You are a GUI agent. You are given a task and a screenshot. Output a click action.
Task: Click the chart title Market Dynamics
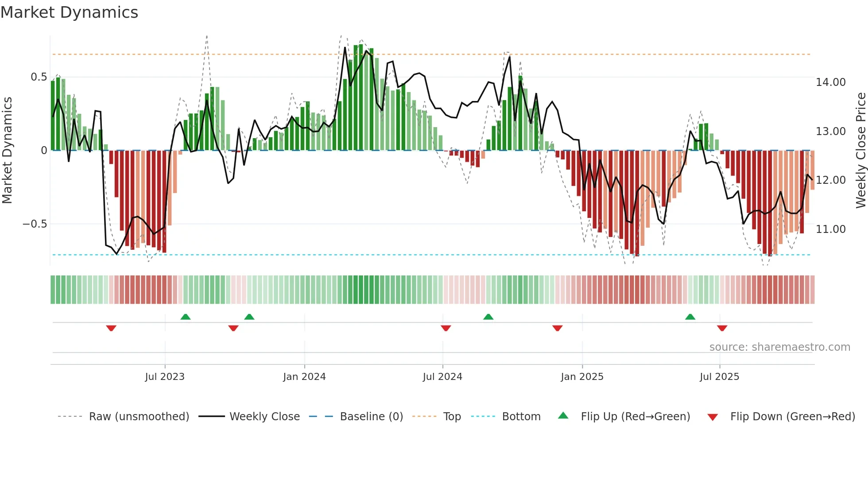(70, 12)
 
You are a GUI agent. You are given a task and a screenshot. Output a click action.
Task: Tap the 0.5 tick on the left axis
(39, 77)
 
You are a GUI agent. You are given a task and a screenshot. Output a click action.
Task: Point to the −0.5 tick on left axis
(35, 224)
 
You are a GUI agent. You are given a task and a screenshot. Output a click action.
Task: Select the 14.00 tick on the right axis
(830, 82)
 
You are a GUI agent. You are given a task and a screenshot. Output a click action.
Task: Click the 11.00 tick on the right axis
(830, 229)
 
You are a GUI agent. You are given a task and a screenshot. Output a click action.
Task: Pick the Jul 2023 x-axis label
(165, 377)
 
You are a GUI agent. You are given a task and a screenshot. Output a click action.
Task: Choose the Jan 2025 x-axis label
(582, 377)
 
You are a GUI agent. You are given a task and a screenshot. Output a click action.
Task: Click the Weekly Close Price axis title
(860, 151)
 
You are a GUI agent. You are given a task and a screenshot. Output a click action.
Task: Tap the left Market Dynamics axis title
(7, 151)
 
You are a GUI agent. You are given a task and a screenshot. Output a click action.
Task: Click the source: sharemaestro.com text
(779, 347)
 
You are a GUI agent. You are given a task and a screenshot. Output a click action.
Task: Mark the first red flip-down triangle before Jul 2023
(111, 328)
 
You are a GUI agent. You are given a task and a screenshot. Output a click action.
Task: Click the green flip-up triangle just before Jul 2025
(690, 317)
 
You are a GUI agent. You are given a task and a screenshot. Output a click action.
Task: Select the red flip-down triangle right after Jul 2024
(446, 328)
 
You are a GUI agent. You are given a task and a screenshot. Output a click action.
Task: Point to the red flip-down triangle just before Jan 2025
(558, 328)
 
